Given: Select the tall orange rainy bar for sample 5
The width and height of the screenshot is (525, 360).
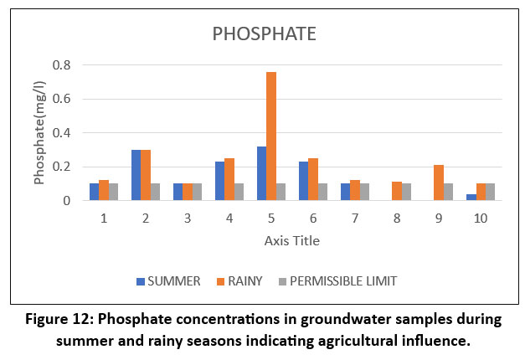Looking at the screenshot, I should click(271, 136).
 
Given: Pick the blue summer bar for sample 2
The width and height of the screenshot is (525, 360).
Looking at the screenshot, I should click(136, 175).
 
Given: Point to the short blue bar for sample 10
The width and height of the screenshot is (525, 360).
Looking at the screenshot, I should click(471, 198).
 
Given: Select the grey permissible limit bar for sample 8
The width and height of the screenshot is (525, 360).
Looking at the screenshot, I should click(407, 192).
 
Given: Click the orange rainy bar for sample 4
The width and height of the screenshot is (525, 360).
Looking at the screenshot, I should click(229, 179).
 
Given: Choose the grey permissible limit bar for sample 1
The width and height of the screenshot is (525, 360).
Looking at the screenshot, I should click(114, 192).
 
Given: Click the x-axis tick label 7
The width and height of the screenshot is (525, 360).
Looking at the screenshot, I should click(355, 219).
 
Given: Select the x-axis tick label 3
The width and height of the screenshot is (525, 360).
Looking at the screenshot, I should click(188, 219).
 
